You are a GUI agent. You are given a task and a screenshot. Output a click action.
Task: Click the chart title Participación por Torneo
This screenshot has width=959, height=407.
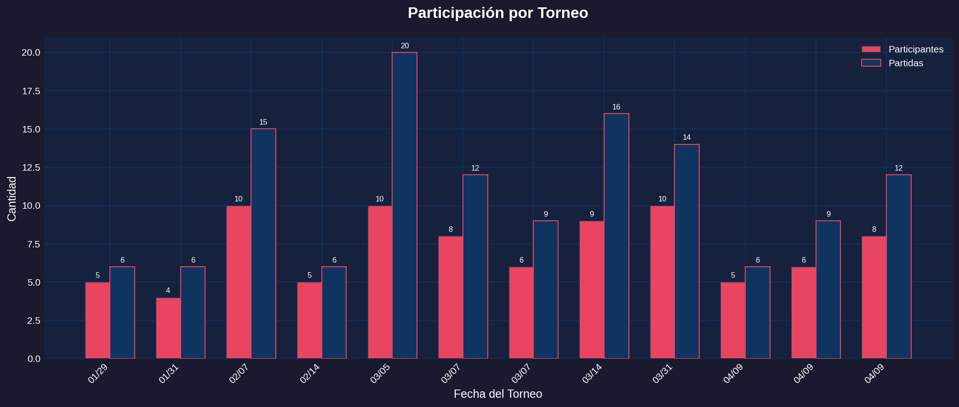click(x=497, y=13)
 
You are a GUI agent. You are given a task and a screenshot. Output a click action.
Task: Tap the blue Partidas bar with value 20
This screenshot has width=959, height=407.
click(x=405, y=205)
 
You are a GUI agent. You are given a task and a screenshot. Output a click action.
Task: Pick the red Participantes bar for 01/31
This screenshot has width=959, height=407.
click(x=168, y=328)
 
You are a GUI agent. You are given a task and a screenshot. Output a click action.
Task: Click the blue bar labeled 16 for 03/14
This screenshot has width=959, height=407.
click(x=616, y=236)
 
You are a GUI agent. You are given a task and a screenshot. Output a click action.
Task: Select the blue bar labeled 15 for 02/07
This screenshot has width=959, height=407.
click(x=263, y=243)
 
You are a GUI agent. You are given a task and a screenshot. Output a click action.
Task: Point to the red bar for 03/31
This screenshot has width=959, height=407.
click(x=662, y=282)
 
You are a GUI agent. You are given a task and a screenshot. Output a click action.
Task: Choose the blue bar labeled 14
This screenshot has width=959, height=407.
click(x=687, y=251)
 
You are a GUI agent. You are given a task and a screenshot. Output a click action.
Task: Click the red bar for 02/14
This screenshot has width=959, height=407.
click(x=309, y=320)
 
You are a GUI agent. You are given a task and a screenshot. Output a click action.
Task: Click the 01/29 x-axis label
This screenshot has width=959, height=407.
click(x=97, y=374)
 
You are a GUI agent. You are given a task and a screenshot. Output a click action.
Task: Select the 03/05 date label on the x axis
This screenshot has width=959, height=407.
click(x=380, y=374)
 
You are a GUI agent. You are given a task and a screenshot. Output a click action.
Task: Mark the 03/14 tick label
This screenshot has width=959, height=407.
click(x=592, y=374)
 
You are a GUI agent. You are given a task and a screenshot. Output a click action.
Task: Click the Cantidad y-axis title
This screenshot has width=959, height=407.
click(x=12, y=199)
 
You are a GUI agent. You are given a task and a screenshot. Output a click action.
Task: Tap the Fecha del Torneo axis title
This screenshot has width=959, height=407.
click(x=497, y=394)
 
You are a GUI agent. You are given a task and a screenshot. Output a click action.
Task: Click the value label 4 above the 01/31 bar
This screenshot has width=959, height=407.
click(x=168, y=291)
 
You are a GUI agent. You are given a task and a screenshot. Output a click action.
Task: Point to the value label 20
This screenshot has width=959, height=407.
click(x=405, y=46)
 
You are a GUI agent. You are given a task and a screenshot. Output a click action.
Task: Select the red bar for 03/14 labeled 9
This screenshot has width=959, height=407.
click(x=592, y=290)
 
